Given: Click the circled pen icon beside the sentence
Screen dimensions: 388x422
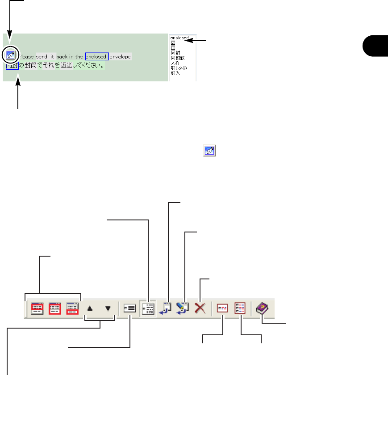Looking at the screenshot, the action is coord(10,55).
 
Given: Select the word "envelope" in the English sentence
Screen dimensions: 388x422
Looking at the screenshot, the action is coord(121,57).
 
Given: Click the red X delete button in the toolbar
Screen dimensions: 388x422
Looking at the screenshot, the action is coord(200,308).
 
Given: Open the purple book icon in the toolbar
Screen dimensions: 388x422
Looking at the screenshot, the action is coord(261,308).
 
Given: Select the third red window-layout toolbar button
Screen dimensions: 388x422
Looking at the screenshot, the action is coord(72,308).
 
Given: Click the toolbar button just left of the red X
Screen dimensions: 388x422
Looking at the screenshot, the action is coord(183,308).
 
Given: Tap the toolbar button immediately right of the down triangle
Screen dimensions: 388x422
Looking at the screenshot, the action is coord(130,308).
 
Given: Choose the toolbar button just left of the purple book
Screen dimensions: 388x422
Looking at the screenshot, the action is coord(240,308).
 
